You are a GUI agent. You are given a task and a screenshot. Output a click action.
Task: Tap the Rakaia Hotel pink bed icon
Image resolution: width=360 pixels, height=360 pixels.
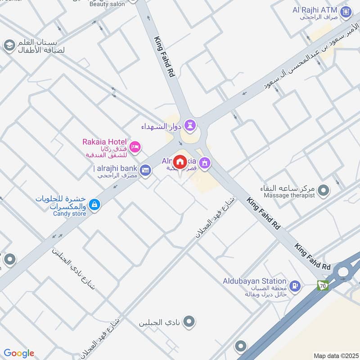(x=135, y=147)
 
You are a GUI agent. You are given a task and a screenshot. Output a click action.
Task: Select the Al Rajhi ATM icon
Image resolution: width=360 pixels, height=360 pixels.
(x=346, y=11)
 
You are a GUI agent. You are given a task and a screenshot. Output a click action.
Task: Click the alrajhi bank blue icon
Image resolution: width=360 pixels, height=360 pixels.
(x=145, y=170)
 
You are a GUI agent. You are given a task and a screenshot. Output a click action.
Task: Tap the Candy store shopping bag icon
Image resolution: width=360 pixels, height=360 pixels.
(x=94, y=205)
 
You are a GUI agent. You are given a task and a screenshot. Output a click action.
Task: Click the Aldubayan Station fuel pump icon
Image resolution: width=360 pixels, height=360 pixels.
(x=295, y=285)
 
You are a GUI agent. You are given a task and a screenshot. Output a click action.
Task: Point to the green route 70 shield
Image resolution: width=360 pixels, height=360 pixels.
(x=323, y=285)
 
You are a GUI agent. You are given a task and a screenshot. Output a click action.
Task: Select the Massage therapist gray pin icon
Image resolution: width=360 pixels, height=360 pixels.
(x=323, y=191)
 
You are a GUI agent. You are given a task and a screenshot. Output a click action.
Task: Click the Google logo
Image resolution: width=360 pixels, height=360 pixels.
(x=19, y=353)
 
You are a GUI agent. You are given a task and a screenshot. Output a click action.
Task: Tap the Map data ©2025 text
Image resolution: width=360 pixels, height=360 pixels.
(x=335, y=355)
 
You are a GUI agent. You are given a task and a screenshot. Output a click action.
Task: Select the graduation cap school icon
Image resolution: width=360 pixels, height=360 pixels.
(x=9, y=45)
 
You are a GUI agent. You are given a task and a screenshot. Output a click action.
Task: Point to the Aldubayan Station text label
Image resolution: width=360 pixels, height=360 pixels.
(x=255, y=281)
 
